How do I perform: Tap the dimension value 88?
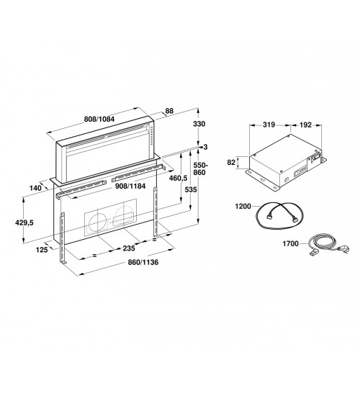[169, 111]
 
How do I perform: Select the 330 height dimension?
[199, 124]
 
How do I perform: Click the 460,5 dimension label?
[178, 179]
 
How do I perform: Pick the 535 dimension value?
[191, 189]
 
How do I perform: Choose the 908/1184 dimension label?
[130, 186]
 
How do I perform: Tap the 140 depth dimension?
[35, 188]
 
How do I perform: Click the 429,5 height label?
[24, 222]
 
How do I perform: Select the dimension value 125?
[42, 250]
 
